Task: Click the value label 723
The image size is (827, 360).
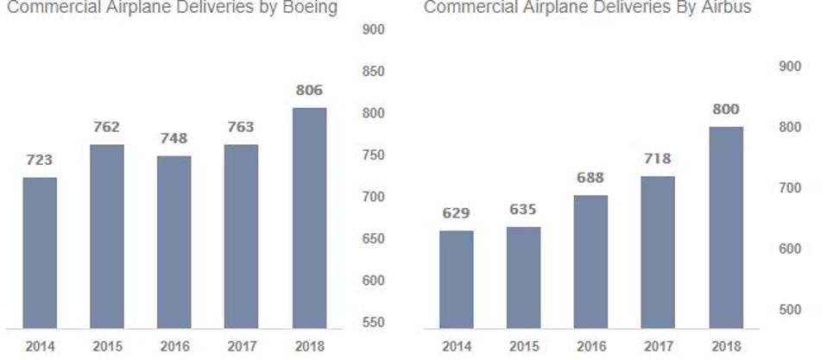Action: tap(39, 160)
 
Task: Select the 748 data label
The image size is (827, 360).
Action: tap(174, 138)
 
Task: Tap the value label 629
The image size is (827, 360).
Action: tap(456, 212)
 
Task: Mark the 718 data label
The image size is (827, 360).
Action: tap(658, 159)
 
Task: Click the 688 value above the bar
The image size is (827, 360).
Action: tap(590, 178)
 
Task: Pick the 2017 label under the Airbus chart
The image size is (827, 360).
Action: tap(658, 346)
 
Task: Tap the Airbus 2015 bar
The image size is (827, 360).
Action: tap(523, 277)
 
